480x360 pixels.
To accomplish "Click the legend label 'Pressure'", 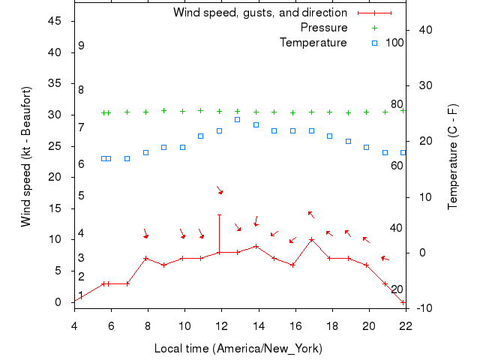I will point(324,28).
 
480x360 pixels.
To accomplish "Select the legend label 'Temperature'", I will point(313,42).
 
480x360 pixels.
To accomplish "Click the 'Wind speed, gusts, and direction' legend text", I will point(260,13).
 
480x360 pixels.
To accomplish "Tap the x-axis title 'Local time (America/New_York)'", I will point(238,348).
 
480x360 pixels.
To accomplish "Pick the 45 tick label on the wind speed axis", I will point(54,21).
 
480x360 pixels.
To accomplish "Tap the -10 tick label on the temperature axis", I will point(420,307).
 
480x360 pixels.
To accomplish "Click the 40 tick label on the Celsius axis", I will point(420,30).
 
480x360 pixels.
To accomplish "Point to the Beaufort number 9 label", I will point(81,46).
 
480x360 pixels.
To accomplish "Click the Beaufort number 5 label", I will point(81,196).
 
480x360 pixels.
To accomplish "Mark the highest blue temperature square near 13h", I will point(237,119).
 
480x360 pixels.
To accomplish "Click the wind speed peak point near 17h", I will point(311,240).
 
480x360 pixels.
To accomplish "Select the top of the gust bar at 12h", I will point(219,214).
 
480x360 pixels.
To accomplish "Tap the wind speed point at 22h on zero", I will point(403,302).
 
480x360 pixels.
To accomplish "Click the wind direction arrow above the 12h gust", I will point(220,190).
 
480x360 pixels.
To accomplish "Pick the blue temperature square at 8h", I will point(145,152).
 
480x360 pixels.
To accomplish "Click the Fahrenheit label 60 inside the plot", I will point(397,165).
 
